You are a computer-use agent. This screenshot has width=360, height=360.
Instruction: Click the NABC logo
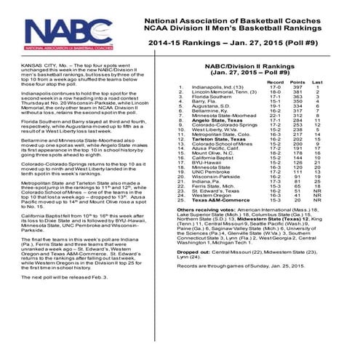point(66,32)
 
